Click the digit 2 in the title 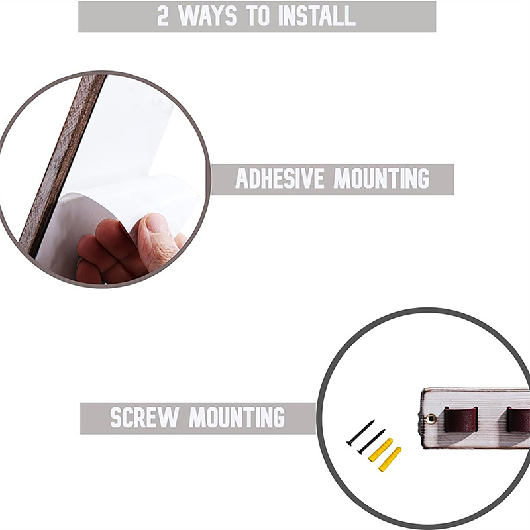click(162, 16)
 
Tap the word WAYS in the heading click(207, 16)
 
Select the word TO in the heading click(258, 16)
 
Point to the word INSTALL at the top click(317, 16)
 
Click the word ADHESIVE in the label click(280, 178)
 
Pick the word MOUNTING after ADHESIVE click(382, 178)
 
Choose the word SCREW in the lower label click(144, 418)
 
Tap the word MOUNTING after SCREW click(237, 418)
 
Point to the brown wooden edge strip click(62, 162)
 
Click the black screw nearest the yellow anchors click(371, 441)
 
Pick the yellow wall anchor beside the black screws click(380, 449)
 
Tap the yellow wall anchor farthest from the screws click(390, 459)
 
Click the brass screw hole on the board click(431, 419)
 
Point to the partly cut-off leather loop click(518, 419)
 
